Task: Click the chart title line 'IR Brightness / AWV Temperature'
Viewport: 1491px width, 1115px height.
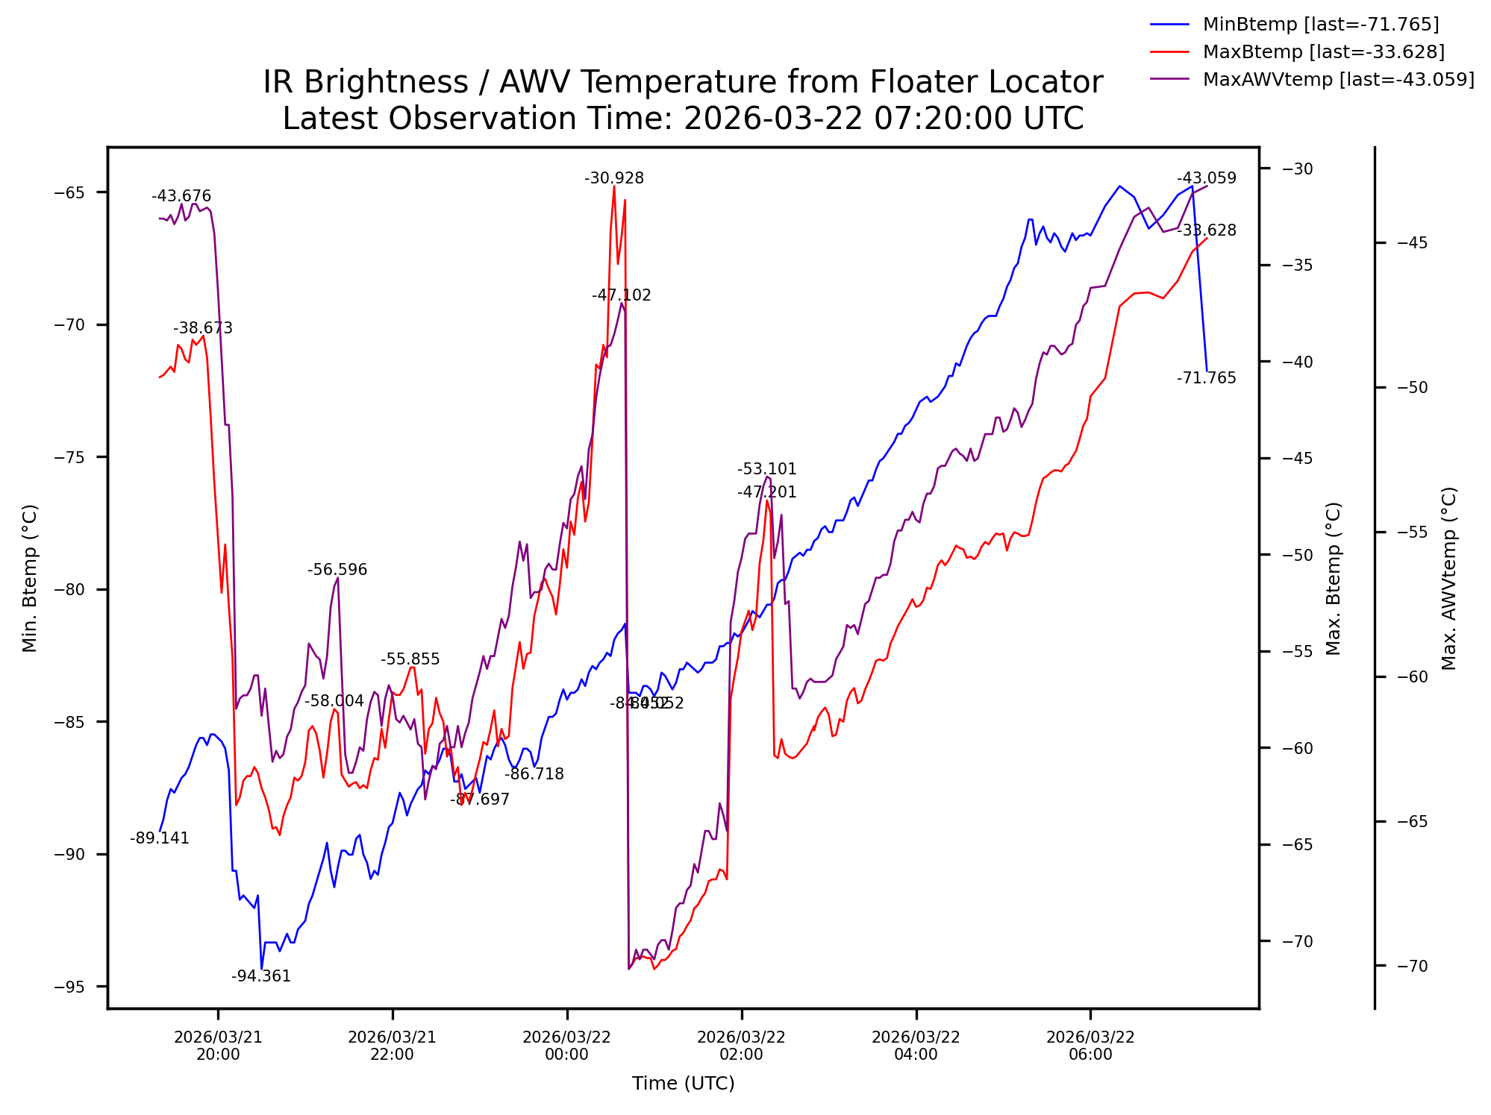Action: (683, 82)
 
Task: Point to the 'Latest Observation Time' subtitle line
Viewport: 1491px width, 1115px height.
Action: (683, 119)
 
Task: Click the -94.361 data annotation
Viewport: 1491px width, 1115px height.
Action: (261, 976)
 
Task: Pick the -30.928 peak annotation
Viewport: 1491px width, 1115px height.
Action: (614, 178)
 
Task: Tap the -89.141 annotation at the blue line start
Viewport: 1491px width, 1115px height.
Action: (160, 838)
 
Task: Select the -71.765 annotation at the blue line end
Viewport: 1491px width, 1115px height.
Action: (1207, 378)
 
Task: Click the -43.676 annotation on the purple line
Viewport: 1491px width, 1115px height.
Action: (181, 197)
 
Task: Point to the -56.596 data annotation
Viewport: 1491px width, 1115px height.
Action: (337, 571)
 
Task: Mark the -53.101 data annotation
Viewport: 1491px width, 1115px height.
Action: (767, 469)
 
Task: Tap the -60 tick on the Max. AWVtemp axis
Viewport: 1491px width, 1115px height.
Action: (1412, 677)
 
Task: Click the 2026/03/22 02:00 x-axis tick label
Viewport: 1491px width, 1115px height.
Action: (741, 1046)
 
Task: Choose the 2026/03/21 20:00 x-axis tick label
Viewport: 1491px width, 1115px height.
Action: (218, 1046)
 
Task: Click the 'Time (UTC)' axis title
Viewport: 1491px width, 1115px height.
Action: (683, 1084)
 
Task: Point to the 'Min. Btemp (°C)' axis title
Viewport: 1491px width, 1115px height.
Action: (30, 578)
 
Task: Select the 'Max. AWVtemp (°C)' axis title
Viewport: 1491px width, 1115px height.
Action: (1449, 578)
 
